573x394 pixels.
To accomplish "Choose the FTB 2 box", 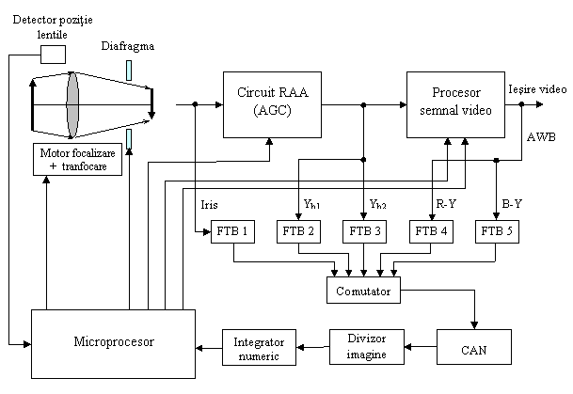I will [x=297, y=230].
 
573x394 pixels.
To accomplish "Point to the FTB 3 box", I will [x=365, y=230].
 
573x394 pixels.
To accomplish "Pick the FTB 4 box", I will [x=432, y=230].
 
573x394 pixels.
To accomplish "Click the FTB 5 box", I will [x=497, y=230].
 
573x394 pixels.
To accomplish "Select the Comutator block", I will [x=363, y=291].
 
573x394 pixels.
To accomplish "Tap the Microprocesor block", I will [x=113, y=343].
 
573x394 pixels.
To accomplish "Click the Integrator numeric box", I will [x=259, y=346].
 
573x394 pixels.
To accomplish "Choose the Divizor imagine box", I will [x=367, y=345].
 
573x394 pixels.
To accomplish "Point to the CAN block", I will [x=473, y=347].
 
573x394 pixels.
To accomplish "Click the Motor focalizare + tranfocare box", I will [x=79, y=158].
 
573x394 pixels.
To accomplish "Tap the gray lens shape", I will [x=72, y=103].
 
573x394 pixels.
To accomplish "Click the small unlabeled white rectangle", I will [x=53, y=54].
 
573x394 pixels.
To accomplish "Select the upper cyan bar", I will [x=129, y=71].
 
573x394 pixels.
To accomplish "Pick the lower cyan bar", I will [x=129, y=139].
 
